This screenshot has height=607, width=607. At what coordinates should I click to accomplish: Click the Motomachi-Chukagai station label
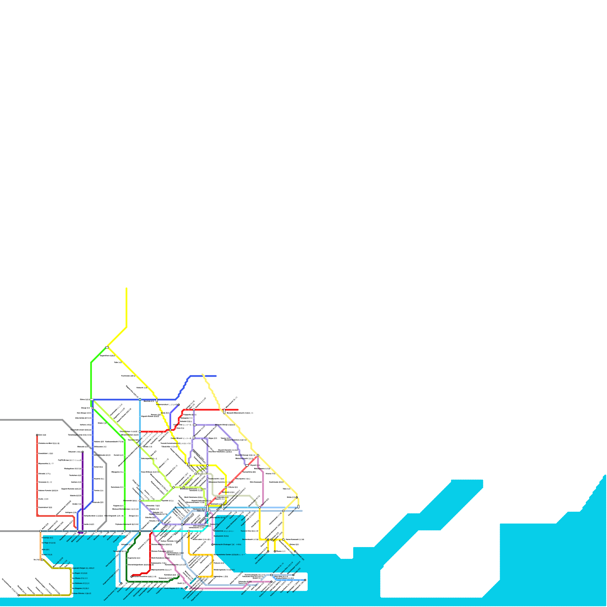click(227, 544)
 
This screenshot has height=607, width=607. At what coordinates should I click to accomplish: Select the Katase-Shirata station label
click(82, 593)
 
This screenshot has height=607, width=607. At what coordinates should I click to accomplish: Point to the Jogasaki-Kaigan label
click(83, 568)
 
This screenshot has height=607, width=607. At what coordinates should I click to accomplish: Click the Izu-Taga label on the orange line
click(49, 543)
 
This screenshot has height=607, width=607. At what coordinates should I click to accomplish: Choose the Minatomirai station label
click(224, 531)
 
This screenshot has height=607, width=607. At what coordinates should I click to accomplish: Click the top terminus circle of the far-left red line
click(37, 435)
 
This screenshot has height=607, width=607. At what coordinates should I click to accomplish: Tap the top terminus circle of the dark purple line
click(83, 452)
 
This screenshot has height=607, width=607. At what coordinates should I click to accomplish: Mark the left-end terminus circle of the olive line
click(18, 595)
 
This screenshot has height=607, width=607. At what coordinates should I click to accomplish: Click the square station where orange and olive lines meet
click(42, 560)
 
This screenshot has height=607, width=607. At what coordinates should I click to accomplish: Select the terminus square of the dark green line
click(178, 575)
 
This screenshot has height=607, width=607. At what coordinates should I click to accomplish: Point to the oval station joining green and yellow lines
click(107, 347)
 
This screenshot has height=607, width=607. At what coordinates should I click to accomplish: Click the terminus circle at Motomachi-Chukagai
click(212, 545)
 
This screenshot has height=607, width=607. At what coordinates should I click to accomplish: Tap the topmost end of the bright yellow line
click(126, 288)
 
